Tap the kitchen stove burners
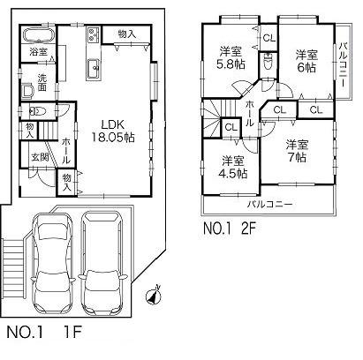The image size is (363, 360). (95, 37)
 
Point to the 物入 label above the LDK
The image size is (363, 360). (126, 34)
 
